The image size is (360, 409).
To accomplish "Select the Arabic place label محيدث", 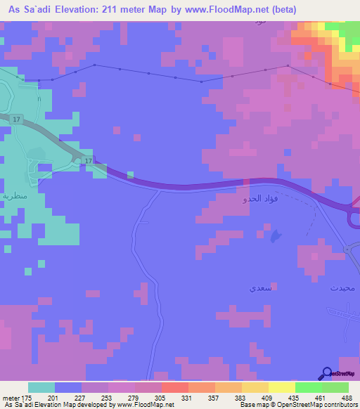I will click(343, 288).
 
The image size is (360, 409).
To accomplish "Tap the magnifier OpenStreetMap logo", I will click(326, 374).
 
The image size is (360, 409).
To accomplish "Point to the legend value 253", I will click(108, 398).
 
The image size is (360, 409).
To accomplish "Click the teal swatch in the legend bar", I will click(41, 387).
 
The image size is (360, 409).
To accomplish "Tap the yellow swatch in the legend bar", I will click(282, 387).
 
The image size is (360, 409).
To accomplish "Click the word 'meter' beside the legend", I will click(10, 398).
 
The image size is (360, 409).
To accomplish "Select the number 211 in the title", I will click(112, 10).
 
